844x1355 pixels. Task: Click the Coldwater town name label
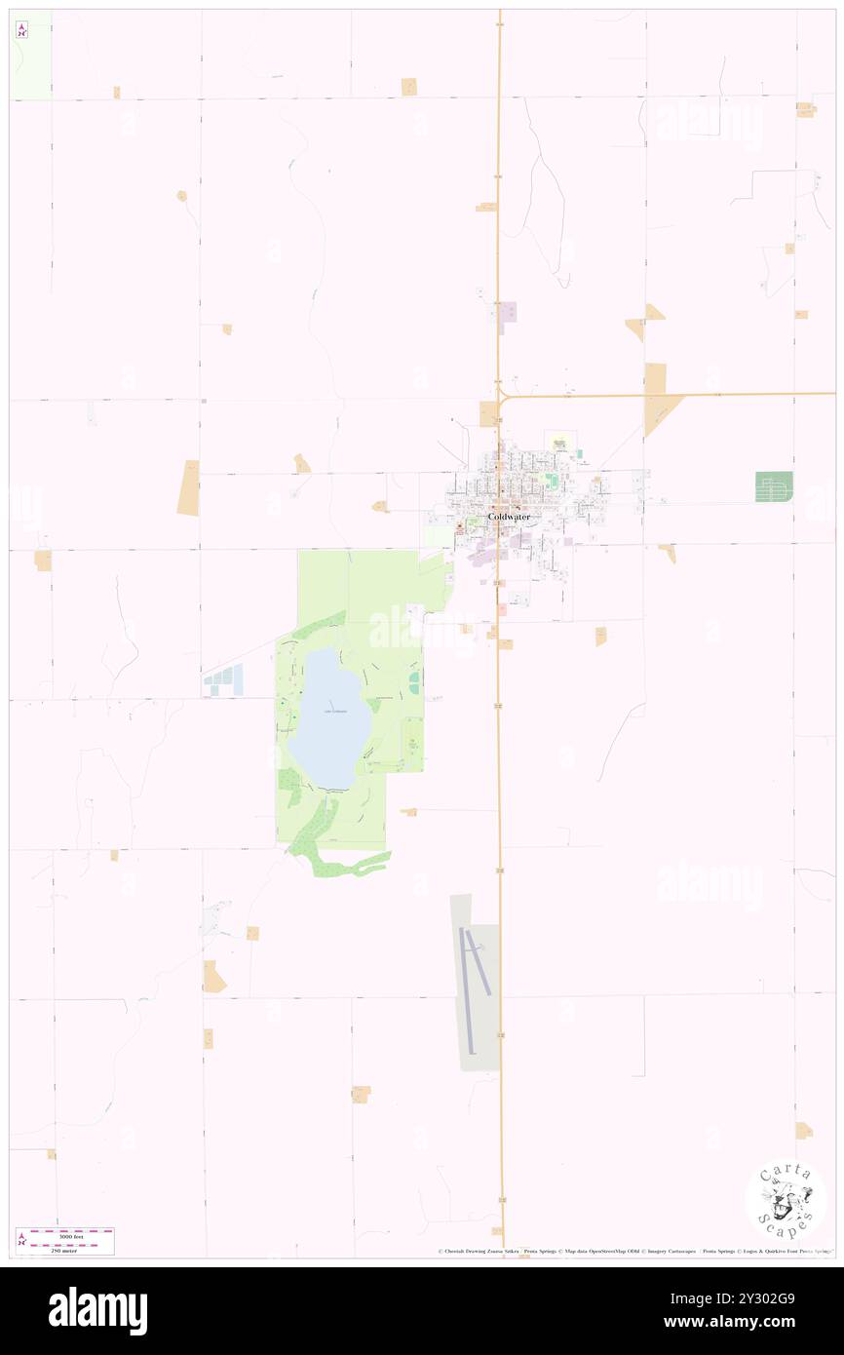coord(509,517)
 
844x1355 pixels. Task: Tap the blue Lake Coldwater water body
coord(331,717)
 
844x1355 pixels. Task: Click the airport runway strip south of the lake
coord(469,988)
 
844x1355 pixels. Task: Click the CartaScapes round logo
coord(786,1200)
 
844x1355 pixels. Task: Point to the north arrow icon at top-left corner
coord(21,30)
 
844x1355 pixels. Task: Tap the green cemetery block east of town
coord(774,486)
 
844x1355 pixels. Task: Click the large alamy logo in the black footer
coord(97,1310)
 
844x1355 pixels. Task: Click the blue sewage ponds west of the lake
coord(223,680)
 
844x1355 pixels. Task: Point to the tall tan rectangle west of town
coord(188,487)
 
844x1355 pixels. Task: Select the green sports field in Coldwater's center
coord(553,481)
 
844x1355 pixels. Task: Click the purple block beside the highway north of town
coord(507,313)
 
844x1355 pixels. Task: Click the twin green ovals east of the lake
coord(414,681)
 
